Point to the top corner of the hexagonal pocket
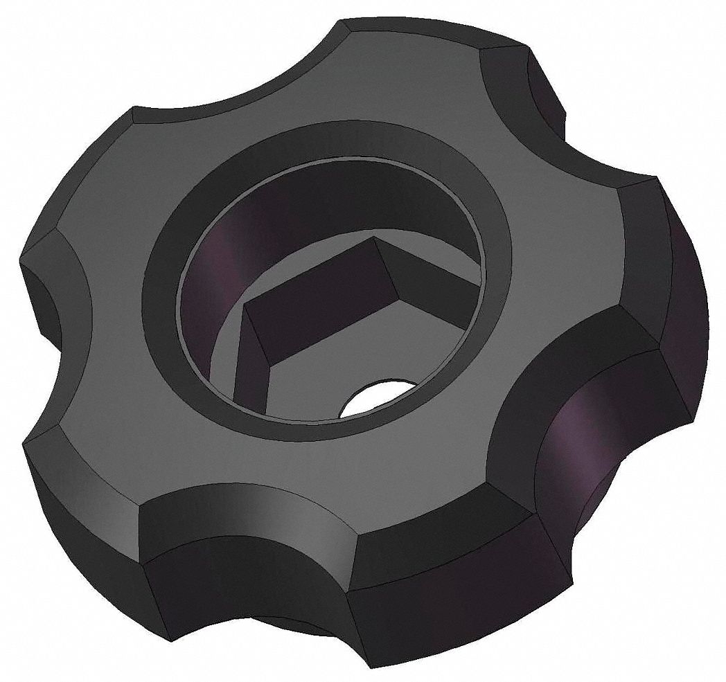(x=374, y=239)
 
